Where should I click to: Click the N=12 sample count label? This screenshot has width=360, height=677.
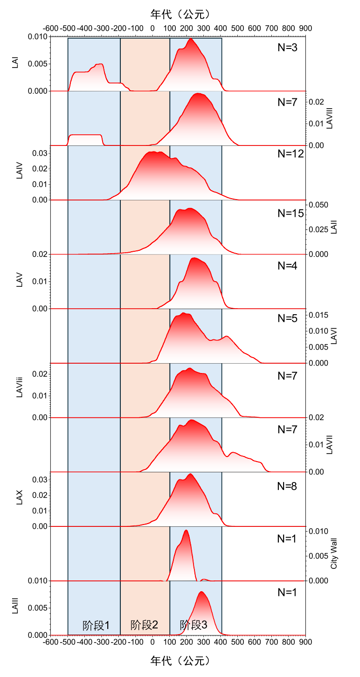(x=291, y=155)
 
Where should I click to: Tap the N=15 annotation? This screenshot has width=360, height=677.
(x=291, y=214)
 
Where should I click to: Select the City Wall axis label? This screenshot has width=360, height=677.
(x=333, y=553)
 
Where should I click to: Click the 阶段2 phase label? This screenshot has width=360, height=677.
(x=145, y=625)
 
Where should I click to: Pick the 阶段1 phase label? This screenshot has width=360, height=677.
(x=96, y=625)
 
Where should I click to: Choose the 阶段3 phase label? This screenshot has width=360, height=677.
(x=194, y=625)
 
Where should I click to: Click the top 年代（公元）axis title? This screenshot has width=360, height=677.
(x=180, y=14)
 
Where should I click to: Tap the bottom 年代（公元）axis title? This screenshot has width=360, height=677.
(x=180, y=661)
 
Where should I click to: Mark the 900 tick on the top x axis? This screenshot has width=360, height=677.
(x=305, y=28)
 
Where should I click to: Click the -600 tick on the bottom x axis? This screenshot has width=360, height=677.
(x=51, y=642)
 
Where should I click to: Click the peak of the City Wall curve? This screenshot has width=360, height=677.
(x=187, y=530)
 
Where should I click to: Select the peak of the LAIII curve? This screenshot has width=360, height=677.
(x=201, y=592)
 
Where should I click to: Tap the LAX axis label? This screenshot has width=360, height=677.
(x=20, y=499)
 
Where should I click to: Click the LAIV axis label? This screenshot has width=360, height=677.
(x=20, y=172)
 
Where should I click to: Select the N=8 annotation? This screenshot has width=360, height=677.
(x=287, y=486)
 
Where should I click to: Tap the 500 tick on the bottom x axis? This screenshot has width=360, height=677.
(x=237, y=642)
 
